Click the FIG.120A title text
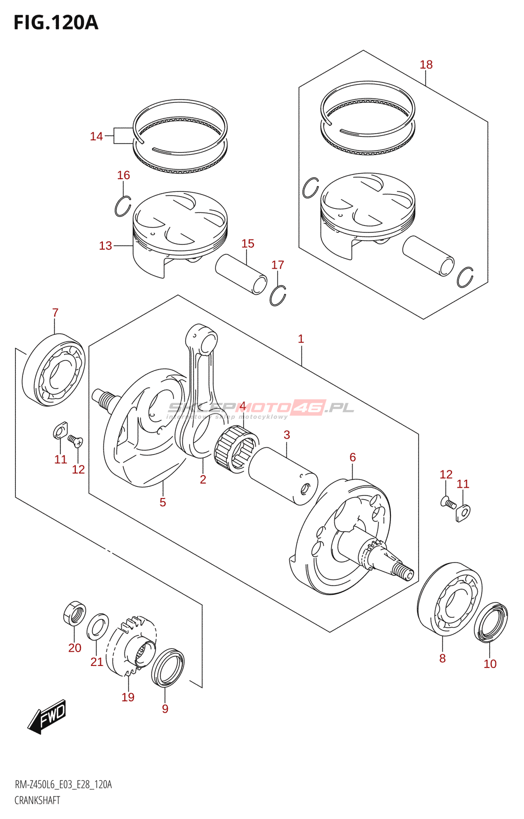coord(55,23)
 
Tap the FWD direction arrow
coord(48,716)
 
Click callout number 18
coord(426,64)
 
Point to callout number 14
coord(96,136)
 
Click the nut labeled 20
coord(74,613)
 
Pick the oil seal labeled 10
coord(491,622)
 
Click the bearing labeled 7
coord(55,370)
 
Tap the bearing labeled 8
coord(449,599)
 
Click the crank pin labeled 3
coord(282,476)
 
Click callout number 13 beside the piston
coord(105,246)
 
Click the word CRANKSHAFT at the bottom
coord(37,801)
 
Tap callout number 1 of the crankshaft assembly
coord(301,339)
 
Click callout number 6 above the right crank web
coord(353,457)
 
